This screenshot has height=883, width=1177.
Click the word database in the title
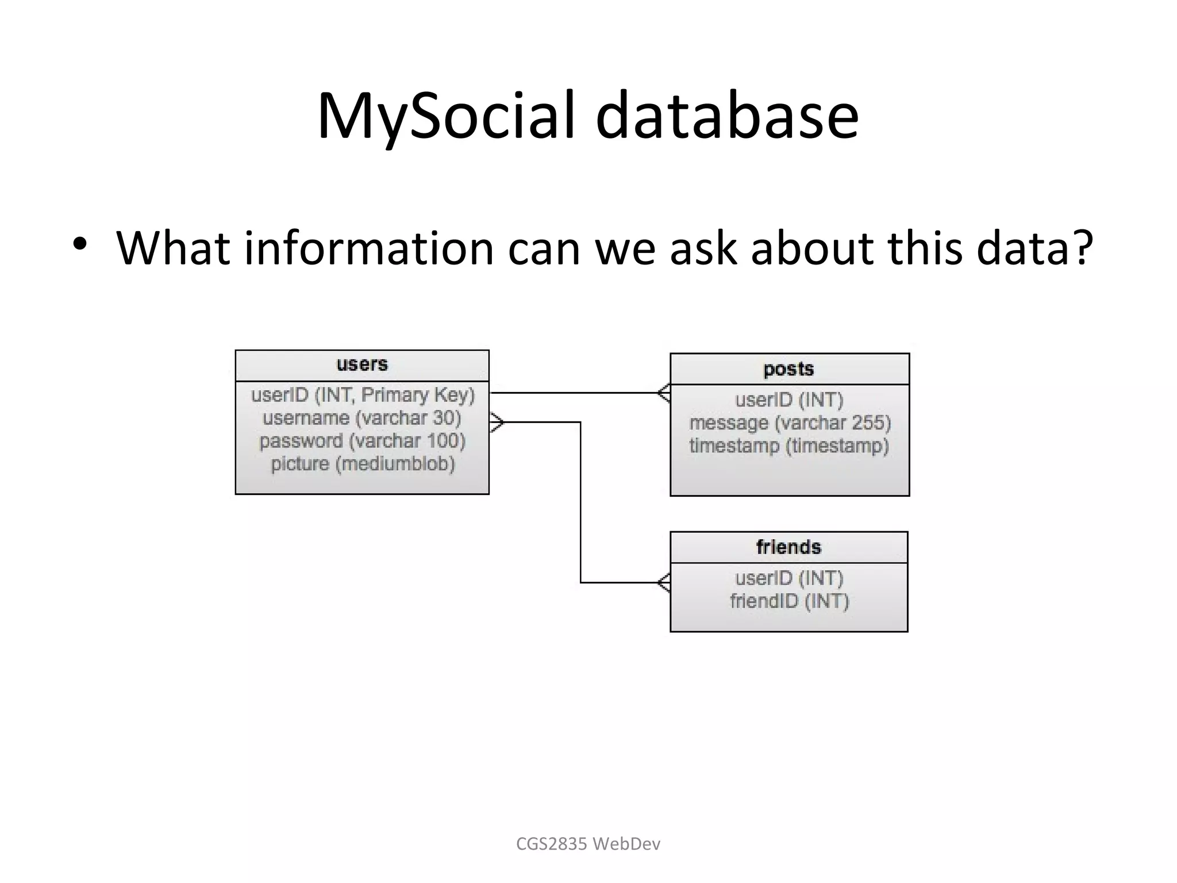(x=727, y=117)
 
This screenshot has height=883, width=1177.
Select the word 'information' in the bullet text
(x=368, y=248)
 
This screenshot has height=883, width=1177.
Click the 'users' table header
(x=362, y=364)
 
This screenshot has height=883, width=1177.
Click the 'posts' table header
(x=788, y=369)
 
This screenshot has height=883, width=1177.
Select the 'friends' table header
(x=788, y=547)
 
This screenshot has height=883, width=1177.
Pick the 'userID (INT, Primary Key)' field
(x=363, y=395)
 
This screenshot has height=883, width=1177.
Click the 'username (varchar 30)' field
(x=362, y=418)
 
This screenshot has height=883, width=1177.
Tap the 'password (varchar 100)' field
(x=362, y=441)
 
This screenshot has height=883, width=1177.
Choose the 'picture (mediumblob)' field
(x=363, y=464)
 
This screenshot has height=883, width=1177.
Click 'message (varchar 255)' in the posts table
(x=790, y=423)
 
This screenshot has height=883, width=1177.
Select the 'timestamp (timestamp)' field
(x=789, y=446)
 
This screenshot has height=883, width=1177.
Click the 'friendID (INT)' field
(x=789, y=601)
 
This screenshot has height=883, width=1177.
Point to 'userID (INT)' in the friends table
(x=789, y=578)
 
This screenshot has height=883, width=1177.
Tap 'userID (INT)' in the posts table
(x=789, y=400)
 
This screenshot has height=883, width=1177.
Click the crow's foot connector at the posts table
(x=664, y=393)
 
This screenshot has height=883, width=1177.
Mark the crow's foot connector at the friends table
(x=664, y=583)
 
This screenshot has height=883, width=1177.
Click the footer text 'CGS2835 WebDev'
(x=588, y=844)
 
